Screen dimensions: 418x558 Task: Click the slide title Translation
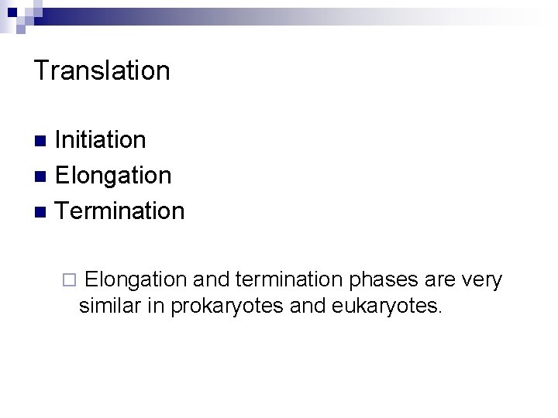pyautogui.click(x=102, y=70)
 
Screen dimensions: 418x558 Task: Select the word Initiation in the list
pyautogui.click(x=101, y=140)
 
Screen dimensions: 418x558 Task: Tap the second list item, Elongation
pyautogui.click(x=114, y=175)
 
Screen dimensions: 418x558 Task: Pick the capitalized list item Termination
pyautogui.click(x=120, y=210)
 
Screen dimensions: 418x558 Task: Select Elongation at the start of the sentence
pyautogui.click(x=136, y=279)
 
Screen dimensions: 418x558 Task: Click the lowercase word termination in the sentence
pyautogui.click(x=291, y=279)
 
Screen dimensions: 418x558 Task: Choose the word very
pyautogui.click(x=482, y=280)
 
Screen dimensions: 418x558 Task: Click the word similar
pyautogui.click(x=109, y=306)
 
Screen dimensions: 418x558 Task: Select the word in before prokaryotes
pyautogui.click(x=155, y=306)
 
